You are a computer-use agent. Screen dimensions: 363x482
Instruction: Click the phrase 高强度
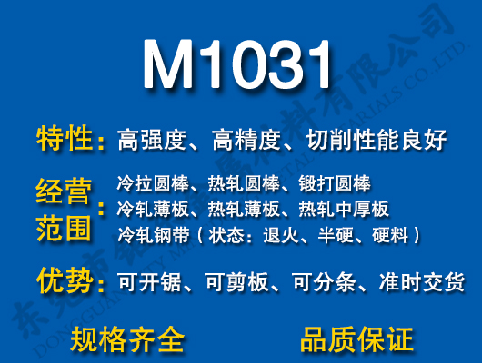tap(152, 141)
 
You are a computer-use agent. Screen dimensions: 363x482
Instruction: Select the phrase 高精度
tap(246, 141)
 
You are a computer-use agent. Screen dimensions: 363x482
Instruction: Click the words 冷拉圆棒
tap(149, 182)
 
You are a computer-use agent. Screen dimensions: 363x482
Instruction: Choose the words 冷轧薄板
tap(149, 209)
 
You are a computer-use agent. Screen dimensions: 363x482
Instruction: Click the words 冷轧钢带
tap(149, 236)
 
